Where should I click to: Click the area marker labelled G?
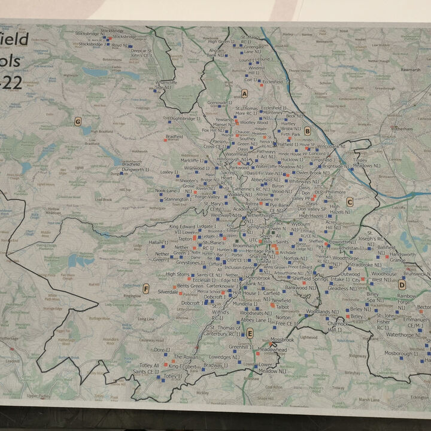click(77, 122)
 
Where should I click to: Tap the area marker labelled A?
click(245, 93)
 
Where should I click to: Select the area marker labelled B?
click(308, 130)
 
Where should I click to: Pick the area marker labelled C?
click(350, 201)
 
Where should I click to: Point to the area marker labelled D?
click(402, 284)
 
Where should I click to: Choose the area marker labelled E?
click(250, 333)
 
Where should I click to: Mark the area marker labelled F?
click(145, 289)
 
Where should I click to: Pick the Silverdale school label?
click(168, 292)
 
